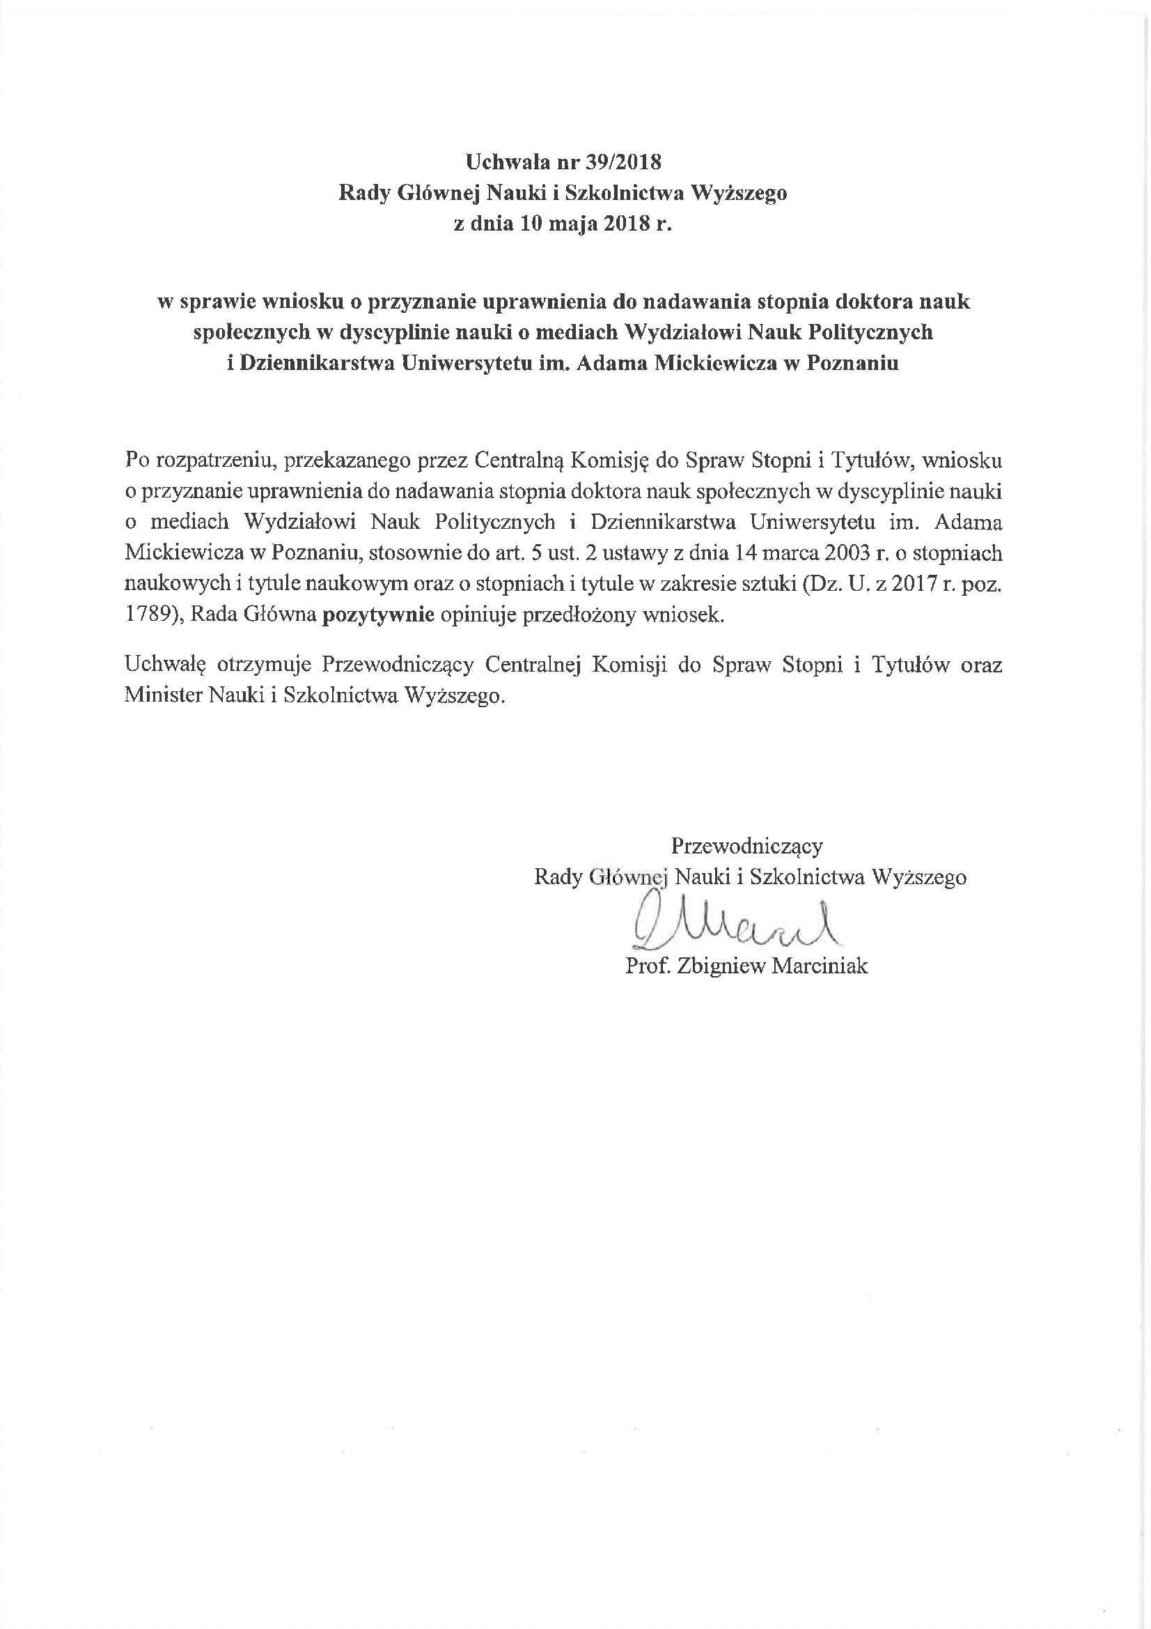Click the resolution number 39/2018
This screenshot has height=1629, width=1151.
coord(623,162)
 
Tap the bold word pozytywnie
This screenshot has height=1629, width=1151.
coord(378,615)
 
